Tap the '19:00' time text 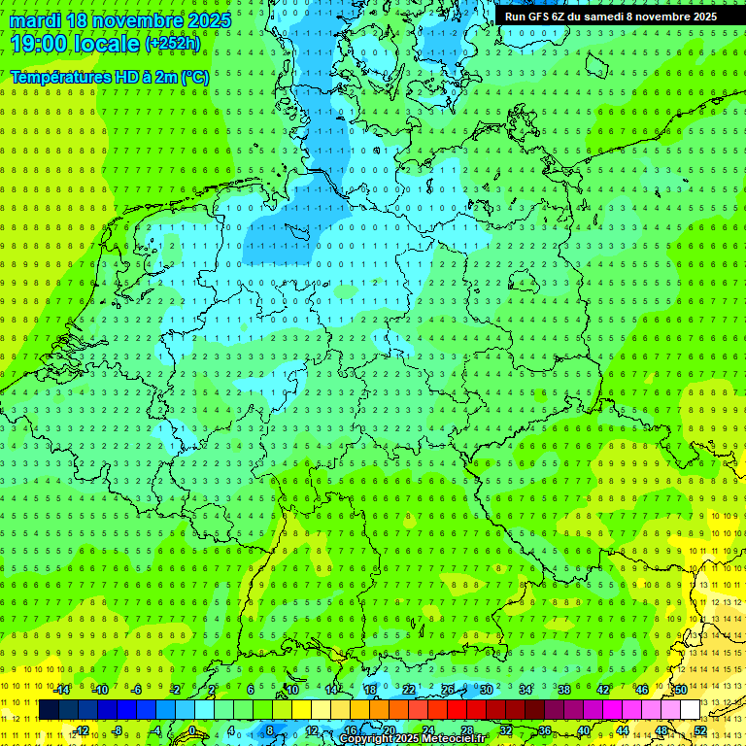[x=41, y=43]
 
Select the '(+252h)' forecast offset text [x=173, y=44]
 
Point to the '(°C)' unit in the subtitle [x=193, y=77]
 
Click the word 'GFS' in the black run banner [x=538, y=17]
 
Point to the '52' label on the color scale [x=700, y=729]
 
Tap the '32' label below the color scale [x=506, y=729]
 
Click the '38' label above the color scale [x=563, y=690]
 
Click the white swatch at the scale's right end [x=691, y=709]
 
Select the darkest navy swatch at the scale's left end [x=49, y=709]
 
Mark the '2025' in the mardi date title [x=207, y=20]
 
